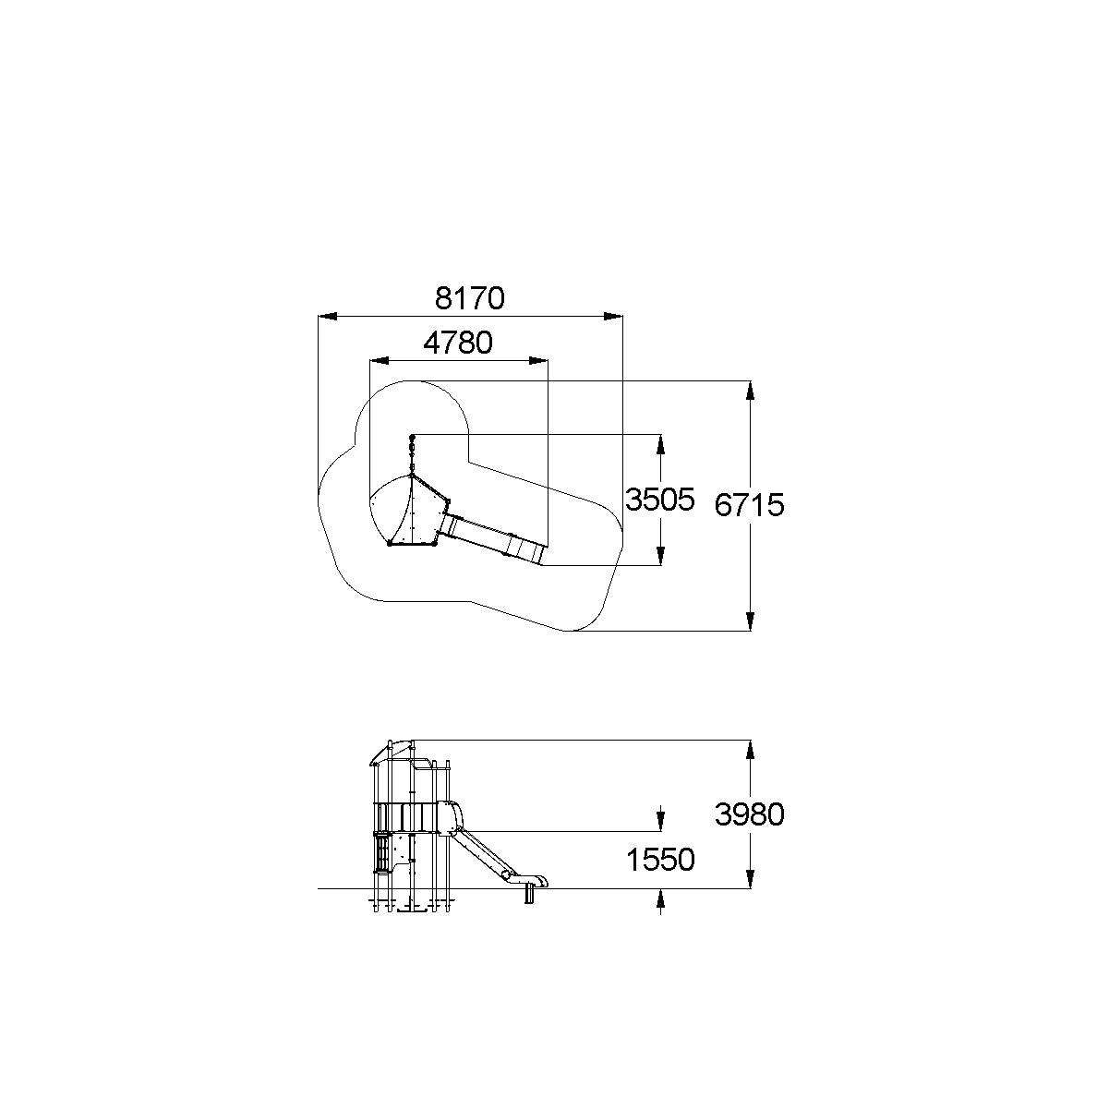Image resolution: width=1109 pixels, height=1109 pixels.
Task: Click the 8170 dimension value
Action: pos(470,298)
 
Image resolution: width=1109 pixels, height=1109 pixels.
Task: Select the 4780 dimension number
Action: pos(458,343)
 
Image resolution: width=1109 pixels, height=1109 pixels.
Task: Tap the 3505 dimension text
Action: pos(660,500)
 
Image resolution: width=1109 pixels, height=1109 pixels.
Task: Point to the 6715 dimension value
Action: pos(749,505)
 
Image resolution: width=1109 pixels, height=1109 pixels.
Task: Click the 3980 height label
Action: pos(749,814)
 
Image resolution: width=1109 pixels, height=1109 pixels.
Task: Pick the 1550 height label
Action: pos(660,860)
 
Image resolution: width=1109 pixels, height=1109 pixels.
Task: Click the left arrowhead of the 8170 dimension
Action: pos(328,316)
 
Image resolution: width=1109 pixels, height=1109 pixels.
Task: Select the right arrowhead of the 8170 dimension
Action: pos(613,316)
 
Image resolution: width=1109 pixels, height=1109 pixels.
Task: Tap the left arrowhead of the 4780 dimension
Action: pos(380,361)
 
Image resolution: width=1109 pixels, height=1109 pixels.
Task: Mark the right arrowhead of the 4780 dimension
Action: pos(538,361)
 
